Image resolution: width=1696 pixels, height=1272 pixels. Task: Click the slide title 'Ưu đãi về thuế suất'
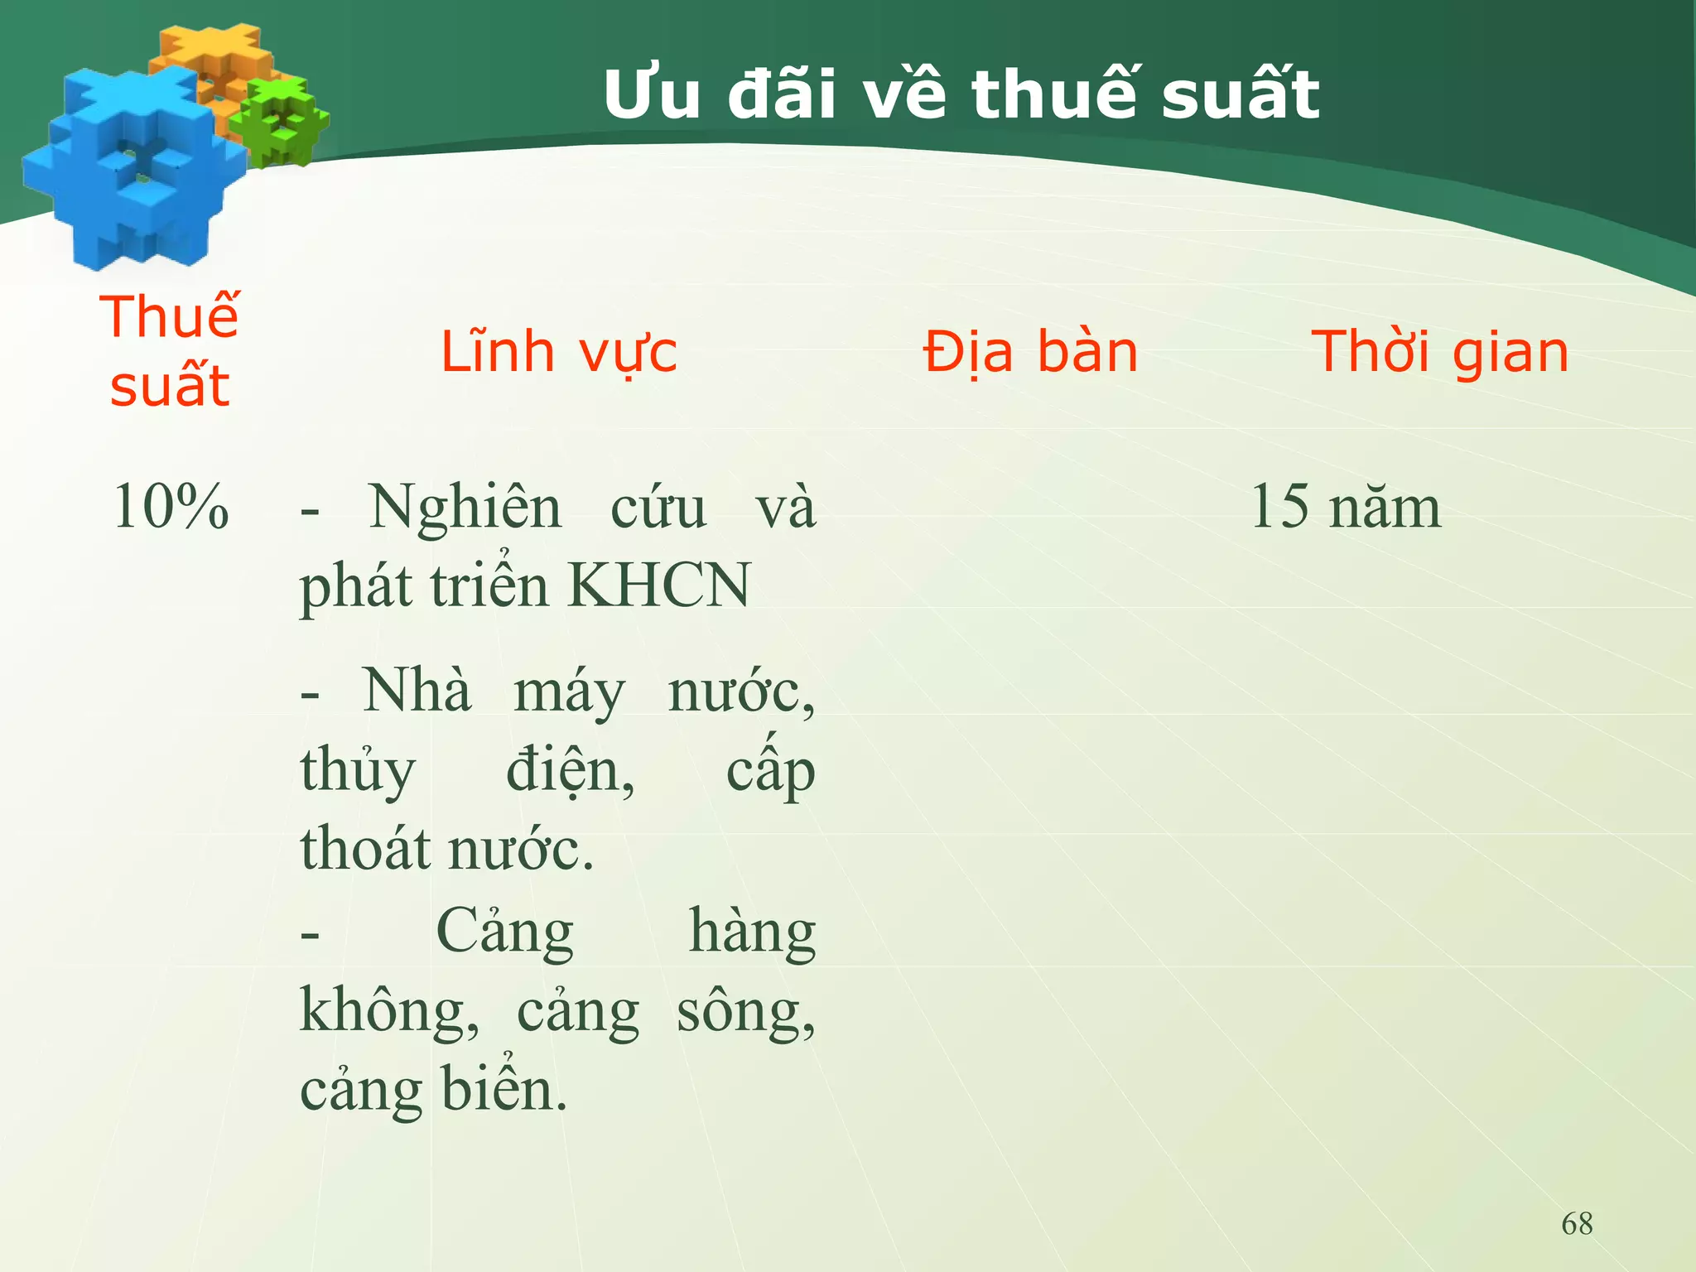coord(961,94)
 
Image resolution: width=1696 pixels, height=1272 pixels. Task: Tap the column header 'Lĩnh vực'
coord(558,352)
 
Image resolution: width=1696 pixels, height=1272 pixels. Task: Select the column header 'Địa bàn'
coord(1030,352)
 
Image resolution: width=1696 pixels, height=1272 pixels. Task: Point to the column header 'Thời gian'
coord(1439,352)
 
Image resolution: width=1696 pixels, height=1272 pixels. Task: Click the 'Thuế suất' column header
coord(170,351)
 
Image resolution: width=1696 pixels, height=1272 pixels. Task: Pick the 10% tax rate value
coord(171,506)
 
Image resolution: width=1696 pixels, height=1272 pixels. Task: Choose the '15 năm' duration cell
coord(1345,506)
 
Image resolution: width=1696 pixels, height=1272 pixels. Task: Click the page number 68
coord(1577,1223)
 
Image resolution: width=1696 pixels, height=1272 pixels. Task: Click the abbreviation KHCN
coord(659,585)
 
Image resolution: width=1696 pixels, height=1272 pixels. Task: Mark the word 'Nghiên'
coord(465,506)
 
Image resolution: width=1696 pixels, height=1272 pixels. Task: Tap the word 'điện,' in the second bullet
coord(570,770)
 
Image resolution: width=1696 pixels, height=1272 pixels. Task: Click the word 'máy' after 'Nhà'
coord(569,691)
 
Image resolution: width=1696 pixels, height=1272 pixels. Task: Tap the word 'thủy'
coord(358,770)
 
